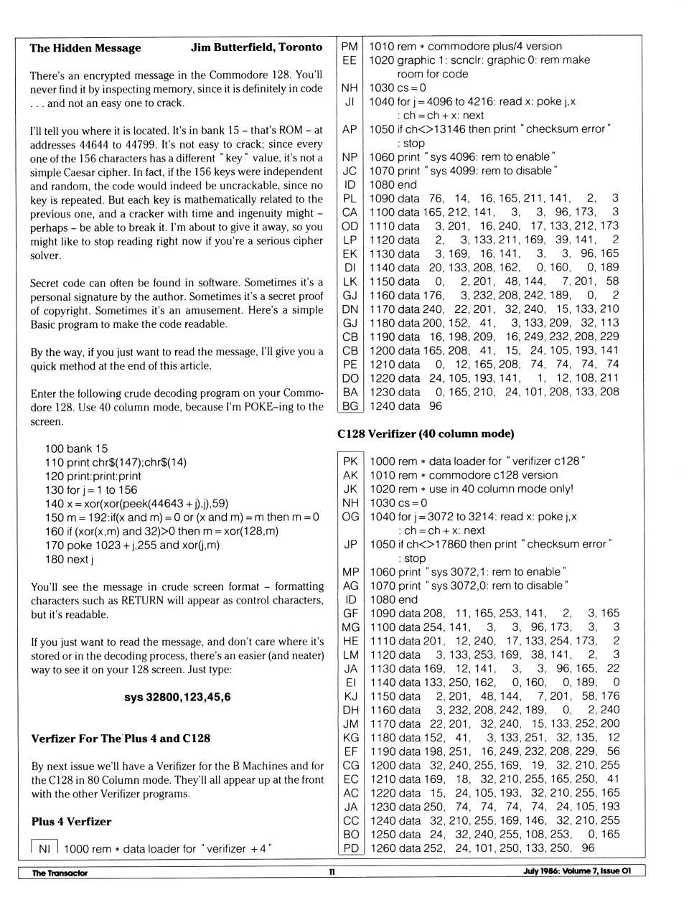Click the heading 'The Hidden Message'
pos(85,48)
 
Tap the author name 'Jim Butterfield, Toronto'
pos(256,47)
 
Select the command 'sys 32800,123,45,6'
pos(177,697)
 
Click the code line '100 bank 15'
pos(76,449)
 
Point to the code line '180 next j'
pos(69,559)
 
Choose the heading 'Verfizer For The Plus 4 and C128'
pos(121,738)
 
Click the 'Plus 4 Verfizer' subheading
pos(71,822)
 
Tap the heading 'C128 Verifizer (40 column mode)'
pos(426,433)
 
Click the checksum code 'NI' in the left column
pos(44,848)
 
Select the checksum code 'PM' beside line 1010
pos(350,46)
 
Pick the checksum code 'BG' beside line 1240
pos(350,405)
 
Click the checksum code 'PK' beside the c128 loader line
pos(350,461)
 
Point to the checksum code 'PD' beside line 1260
pos(350,848)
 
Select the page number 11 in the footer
pos(332,872)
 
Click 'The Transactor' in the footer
pos(60,873)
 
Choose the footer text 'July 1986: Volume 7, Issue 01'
pos(577,872)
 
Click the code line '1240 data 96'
pos(406,406)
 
